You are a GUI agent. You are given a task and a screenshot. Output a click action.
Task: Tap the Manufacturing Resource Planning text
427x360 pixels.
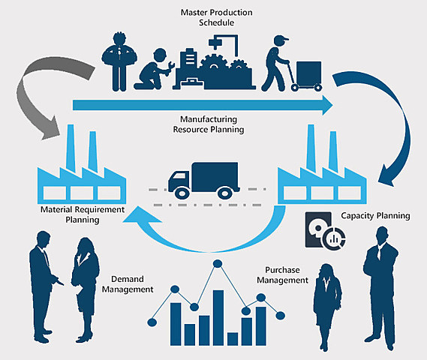pyautogui.click(x=212, y=124)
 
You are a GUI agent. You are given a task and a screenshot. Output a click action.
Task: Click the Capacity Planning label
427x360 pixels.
pyautogui.click(x=375, y=216)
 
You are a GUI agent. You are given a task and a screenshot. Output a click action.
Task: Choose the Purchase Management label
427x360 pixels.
pyautogui.click(x=282, y=274)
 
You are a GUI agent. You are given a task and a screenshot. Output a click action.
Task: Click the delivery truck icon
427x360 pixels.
pyautogui.click(x=202, y=180)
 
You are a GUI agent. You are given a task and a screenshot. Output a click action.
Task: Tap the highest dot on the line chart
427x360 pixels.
pyautogui.click(x=218, y=264)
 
